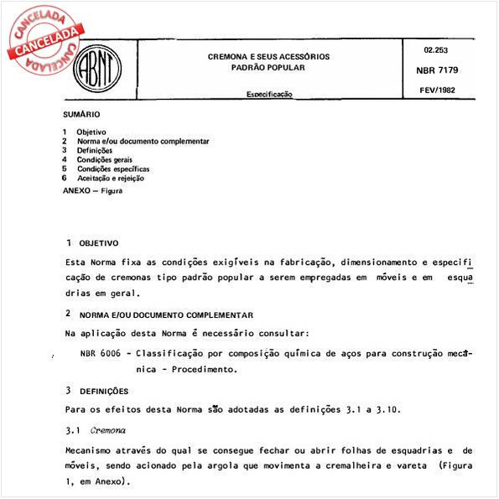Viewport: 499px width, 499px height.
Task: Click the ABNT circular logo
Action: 95,69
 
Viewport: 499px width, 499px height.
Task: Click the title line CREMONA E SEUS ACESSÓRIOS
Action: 268,56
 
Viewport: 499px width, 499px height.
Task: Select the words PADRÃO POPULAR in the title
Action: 268,66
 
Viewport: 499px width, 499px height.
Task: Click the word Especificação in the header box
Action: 268,95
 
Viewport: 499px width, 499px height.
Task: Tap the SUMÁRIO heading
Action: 81,113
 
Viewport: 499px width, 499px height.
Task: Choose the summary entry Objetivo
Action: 91,133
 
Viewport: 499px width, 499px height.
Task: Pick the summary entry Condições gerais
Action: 105,159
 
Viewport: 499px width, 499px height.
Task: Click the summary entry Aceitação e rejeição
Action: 111,178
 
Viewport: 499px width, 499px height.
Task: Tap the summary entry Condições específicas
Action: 113,169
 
